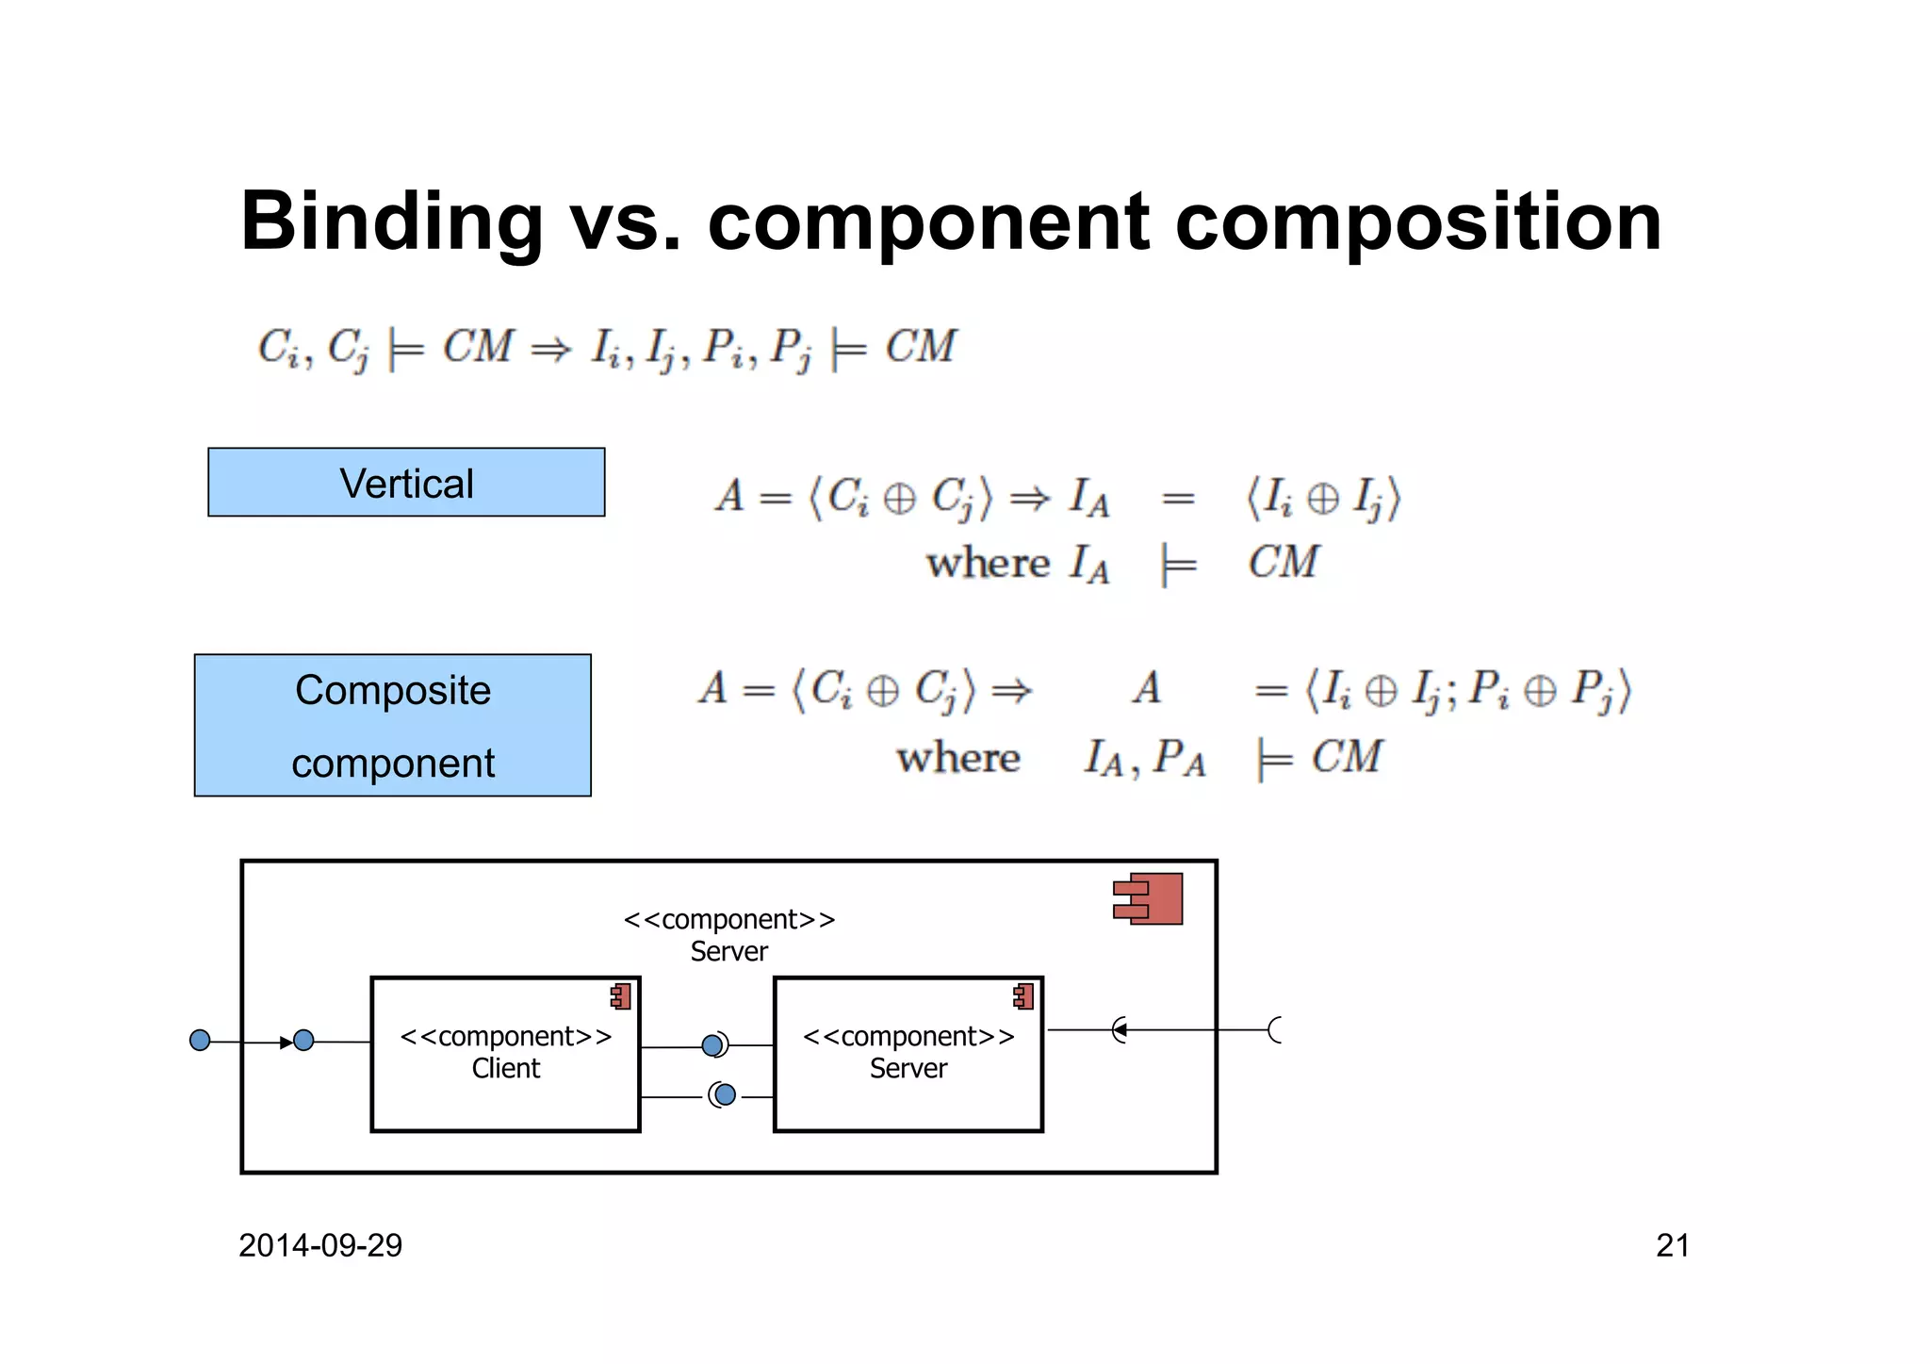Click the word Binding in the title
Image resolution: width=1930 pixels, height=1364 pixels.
pos(391,222)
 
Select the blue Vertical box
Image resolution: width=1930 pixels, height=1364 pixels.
pos(406,483)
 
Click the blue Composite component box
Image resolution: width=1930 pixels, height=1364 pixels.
pos(393,725)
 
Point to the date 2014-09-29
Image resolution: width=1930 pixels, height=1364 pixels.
pos(320,1245)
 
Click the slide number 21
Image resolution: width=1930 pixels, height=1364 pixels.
pos(1672,1245)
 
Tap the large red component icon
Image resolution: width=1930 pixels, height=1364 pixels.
pos(1150,898)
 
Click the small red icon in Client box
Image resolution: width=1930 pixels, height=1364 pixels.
pos(621,996)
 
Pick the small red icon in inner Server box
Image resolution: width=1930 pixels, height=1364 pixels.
pos(1024,996)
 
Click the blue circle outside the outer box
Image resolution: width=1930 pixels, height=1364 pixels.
pos(200,1040)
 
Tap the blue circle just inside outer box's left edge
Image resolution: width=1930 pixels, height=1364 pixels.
pos(303,1040)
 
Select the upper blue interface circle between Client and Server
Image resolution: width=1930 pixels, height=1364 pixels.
pos(713,1044)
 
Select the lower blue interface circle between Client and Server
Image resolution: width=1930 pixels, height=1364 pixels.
pos(725,1094)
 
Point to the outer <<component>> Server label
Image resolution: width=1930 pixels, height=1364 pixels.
pos(729,934)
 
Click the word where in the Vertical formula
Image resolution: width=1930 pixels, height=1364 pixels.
pos(987,564)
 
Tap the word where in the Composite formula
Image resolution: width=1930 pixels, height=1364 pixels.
pos(958,758)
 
